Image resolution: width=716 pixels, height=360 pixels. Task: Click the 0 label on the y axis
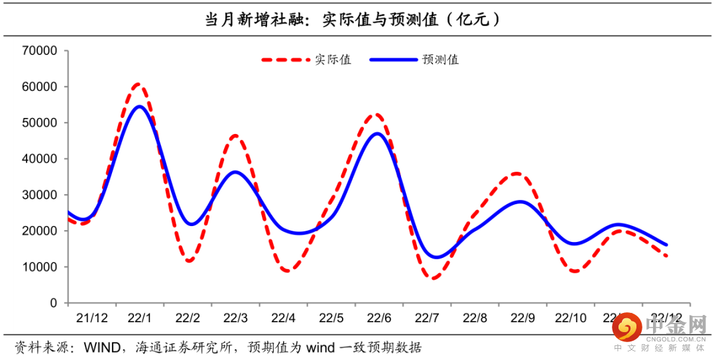(x=53, y=303)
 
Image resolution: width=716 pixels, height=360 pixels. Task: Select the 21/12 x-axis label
(x=91, y=318)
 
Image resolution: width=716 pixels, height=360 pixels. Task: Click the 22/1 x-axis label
(x=139, y=318)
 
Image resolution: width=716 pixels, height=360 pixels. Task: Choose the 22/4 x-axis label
(x=283, y=318)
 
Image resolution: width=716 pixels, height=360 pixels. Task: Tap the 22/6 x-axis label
(x=379, y=318)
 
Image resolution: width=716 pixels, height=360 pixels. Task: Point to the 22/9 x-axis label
(x=522, y=318)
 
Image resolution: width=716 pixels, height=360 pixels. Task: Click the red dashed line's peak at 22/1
(x=138, y=84)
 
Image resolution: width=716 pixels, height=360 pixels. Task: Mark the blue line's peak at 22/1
(x=139, y=106)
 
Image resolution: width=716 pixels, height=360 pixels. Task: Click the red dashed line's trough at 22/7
(x=434, y=278)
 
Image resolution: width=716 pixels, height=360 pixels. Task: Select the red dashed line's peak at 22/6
(x=376, y=115)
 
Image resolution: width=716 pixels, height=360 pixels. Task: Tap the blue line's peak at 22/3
(x=235, y=172)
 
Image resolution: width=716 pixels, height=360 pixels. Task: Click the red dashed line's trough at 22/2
(x=190, y=261)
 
